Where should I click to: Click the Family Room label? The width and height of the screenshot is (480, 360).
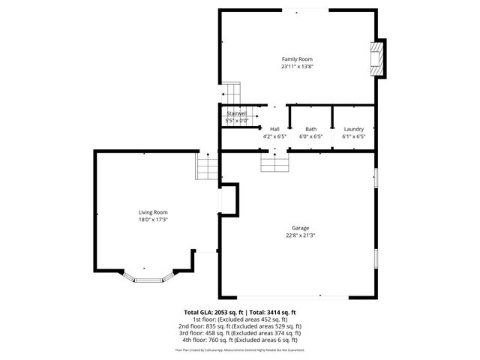297,59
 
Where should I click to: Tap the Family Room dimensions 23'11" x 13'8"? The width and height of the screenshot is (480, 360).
297,67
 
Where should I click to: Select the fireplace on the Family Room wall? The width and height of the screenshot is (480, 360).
377,58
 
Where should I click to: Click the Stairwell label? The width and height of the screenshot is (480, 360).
237,113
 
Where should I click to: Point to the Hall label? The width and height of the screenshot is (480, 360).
274,129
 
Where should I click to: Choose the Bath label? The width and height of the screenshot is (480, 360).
310,129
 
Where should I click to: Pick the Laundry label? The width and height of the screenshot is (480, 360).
353,129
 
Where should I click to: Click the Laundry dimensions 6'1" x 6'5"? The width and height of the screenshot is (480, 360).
353,136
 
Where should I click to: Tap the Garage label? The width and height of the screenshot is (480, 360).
301,228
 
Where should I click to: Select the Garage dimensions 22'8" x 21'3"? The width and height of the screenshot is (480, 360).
301,235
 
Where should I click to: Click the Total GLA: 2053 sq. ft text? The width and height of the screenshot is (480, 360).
212,312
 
